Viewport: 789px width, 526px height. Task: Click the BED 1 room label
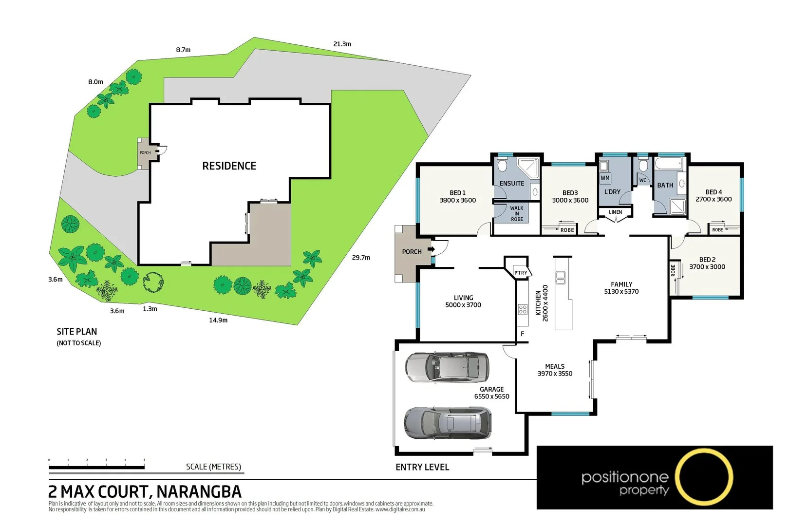[457, 196]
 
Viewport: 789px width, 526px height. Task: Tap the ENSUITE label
[512, 184]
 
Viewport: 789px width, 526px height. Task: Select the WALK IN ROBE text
[517, 214]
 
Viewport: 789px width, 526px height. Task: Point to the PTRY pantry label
[521, 273]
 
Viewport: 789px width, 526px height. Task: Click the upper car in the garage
[447, 367]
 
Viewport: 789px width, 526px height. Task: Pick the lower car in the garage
[448, 422]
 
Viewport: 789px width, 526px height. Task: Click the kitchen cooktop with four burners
[523, 309]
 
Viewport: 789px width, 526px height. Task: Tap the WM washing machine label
[605, 178]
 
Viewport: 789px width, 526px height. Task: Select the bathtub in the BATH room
[669, 163]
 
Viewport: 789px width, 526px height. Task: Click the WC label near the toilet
[643, 180]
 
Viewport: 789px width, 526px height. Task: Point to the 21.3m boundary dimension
[342, 44]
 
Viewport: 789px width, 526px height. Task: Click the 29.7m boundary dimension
[361, 258]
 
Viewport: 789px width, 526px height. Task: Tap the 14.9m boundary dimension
[218, 320]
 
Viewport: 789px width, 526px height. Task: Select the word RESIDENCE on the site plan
[229, 166]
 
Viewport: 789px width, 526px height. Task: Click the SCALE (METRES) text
[213, 467]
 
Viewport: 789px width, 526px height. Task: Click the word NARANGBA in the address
[199, 492]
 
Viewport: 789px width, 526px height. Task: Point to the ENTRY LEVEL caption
[422, 467]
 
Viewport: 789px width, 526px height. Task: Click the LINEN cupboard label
[615, 212]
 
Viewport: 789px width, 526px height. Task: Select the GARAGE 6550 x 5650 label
[492, 393]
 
